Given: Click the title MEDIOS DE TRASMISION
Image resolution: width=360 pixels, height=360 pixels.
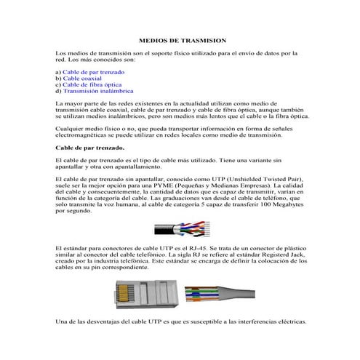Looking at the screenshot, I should pos(183,42).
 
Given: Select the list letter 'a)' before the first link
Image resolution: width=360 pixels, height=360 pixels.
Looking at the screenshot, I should pos(58,73).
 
